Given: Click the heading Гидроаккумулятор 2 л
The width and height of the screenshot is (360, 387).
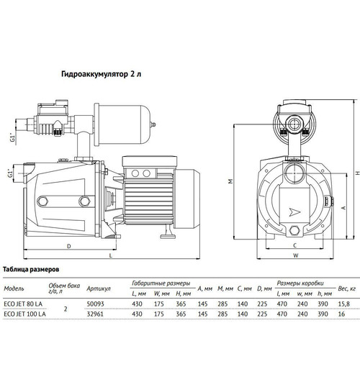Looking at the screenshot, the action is pos(102,74).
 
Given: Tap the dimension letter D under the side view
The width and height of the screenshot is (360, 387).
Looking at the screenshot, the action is pos(69,246).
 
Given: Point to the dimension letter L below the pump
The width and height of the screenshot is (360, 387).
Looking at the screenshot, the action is pos(111,255).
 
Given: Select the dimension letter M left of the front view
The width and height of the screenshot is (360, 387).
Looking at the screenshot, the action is pos(230,181).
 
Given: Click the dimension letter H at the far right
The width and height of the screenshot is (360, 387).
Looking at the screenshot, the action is pos(357,173).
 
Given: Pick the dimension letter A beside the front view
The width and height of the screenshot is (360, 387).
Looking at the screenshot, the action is pos(343,208).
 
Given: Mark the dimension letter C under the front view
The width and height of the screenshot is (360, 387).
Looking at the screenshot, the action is pos(295,245).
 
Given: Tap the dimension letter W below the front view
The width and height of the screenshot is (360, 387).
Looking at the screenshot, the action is pos(295,255).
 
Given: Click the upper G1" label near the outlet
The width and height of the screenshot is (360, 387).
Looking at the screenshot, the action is pos(12,138).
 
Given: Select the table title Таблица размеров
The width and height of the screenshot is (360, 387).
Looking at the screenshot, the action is pos(31,269).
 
